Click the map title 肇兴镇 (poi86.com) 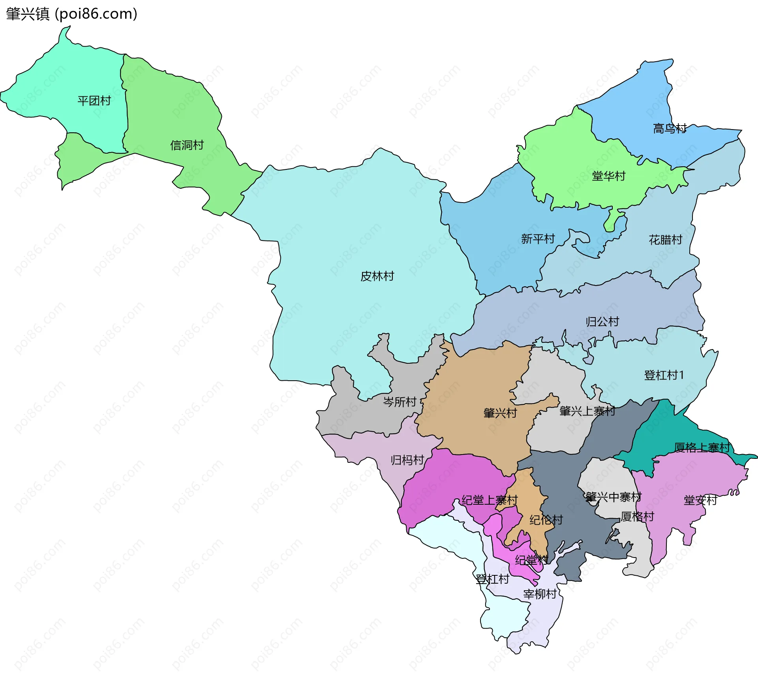point(71,14)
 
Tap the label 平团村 point(94,101)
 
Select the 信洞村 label point(187,145)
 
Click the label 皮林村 point(377,276)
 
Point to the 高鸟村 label point(670,128)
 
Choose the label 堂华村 point(608,176)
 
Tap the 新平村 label point(538,239)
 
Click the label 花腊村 point(665,240)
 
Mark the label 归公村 point(602,321)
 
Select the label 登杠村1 point(664,375)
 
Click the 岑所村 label point(400,402)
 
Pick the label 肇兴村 point(500,413)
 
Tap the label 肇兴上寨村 point(587,411)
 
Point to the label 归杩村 point(407,460)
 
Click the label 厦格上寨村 point(702,447)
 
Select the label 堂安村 point(700,500)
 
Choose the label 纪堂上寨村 point(490,500)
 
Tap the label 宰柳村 point(540,594)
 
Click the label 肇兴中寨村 point(613,497)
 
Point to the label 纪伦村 point(546,520)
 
